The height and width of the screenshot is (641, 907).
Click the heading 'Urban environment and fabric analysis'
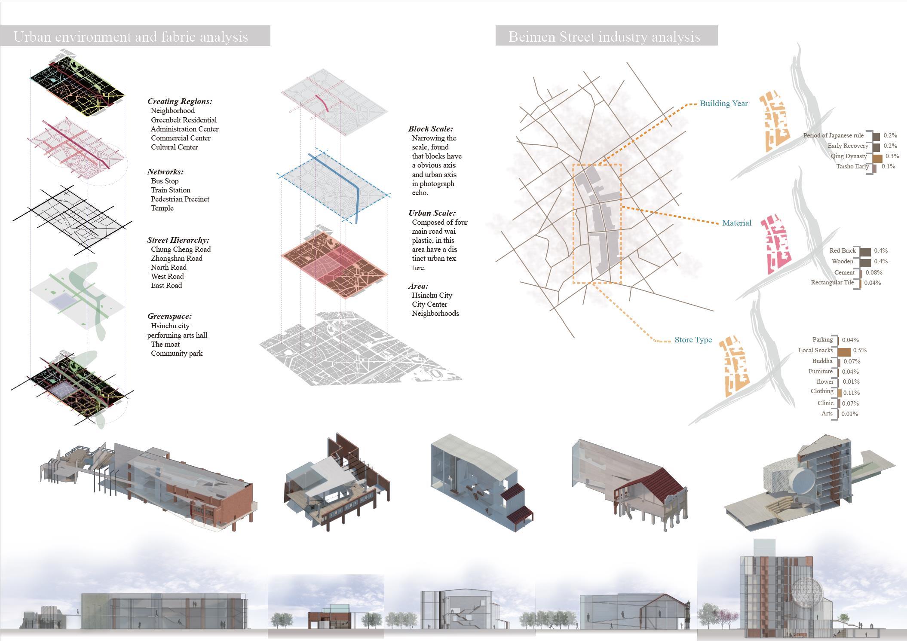coord(131,37)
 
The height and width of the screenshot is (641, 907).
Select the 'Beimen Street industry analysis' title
coord(604,37)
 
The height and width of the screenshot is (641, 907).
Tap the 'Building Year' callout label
coord(723,104)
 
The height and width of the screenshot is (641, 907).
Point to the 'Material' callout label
coord(736,223)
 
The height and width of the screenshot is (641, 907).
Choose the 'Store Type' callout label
coord(693,340)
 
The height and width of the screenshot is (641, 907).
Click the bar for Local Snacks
coord(845,351)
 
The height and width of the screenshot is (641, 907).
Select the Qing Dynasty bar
coord(877,157)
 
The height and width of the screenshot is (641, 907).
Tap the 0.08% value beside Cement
coord(874,272)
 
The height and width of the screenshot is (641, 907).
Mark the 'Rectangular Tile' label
coord(832,283)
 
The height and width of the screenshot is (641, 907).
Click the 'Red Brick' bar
coord(866,251)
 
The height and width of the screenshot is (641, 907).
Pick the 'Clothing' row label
coord(822,391)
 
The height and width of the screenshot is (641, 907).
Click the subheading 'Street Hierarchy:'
coord(178,240)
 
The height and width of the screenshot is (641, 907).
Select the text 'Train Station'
coord(170,190)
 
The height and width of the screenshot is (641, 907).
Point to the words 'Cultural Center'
coord(174,147)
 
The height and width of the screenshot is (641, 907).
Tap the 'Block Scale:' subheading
coord(430,129)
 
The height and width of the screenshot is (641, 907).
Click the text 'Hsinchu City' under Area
coord(432,295)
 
